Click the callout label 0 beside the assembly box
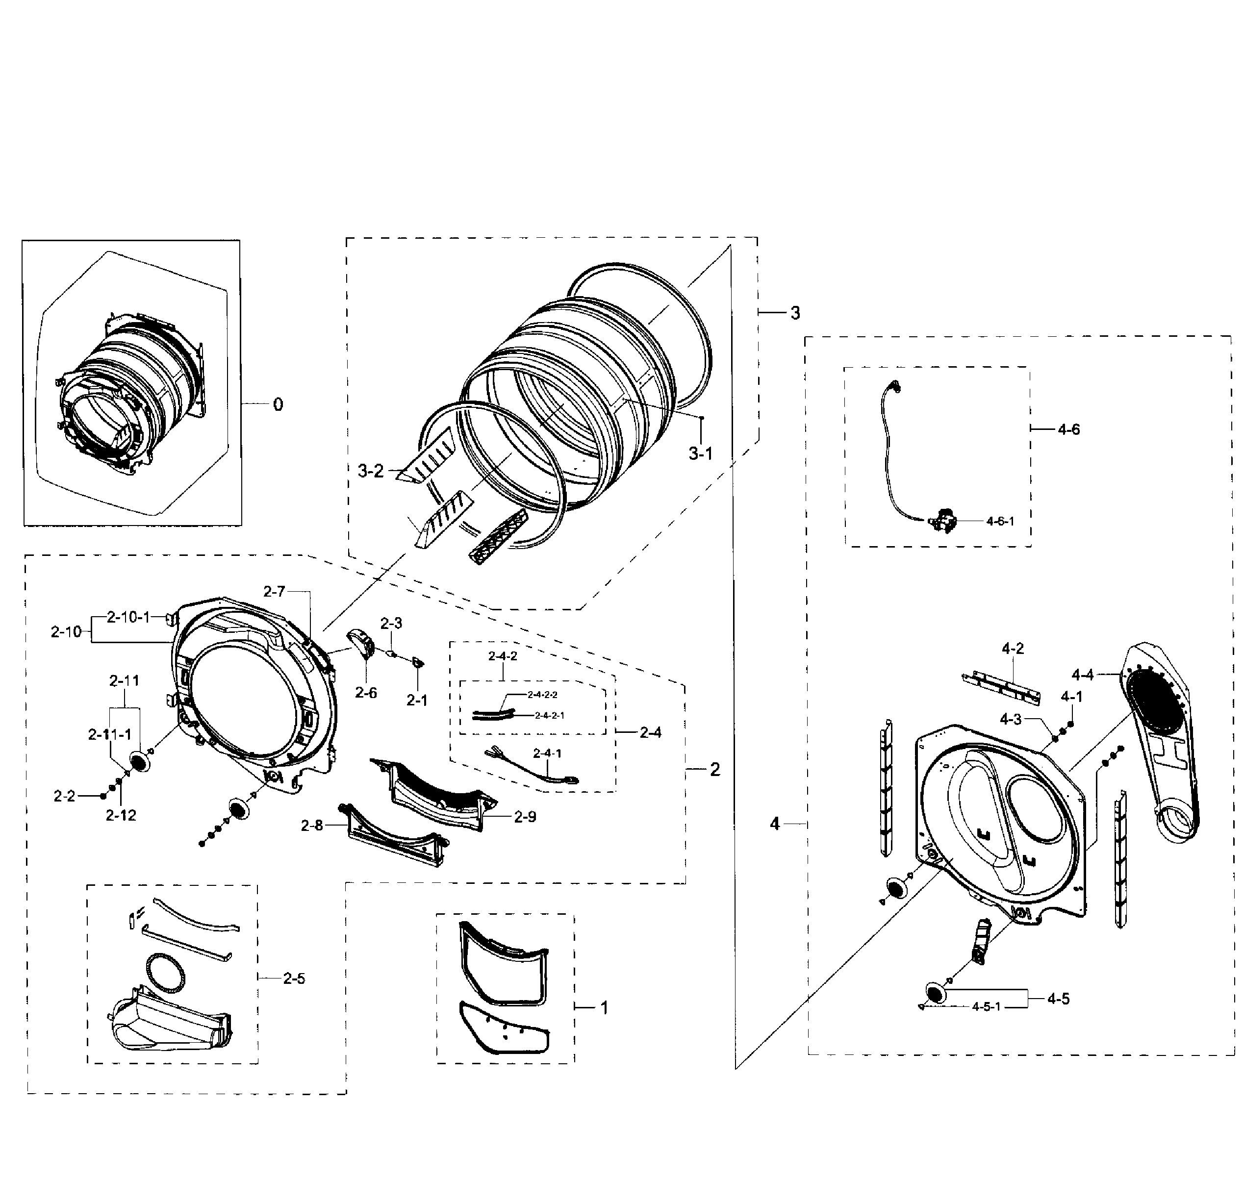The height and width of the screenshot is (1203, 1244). pos(278,405)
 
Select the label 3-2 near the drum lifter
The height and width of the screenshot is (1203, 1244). pos(371,471)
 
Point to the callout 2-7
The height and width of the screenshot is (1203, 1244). pos(274,591)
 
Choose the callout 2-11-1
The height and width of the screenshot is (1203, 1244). pos(109,734)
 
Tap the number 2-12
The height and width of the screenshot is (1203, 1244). pos(121,815)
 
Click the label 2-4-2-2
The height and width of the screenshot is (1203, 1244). pos(543,695)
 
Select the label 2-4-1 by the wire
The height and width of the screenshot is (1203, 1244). pos(547,753)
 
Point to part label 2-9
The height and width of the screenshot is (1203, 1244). pos(525,817)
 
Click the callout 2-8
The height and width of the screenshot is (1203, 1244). pos(312,826)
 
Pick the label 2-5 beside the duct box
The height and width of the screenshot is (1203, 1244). pos(294,978)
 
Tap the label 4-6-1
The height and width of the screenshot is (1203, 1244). pos(1000,521)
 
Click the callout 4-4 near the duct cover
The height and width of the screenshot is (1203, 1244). pos(1083,675)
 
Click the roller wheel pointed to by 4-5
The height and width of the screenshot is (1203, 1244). pos(936,994)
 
